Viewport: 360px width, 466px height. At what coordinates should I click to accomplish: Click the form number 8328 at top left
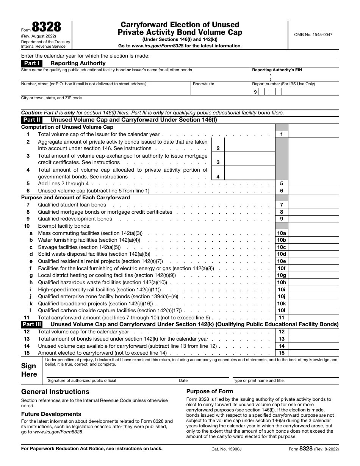pos(46,28)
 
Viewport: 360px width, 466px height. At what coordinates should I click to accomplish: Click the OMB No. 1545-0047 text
pos(313,34)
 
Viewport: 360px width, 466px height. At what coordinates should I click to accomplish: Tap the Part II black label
pos(31,120)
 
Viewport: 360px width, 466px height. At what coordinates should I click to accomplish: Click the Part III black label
pos(31,324)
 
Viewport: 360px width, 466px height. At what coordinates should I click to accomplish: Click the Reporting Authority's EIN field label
pos(277,70)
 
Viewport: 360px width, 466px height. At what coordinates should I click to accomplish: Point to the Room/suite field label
pos(203,84)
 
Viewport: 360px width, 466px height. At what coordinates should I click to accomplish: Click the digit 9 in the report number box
pos(255,92)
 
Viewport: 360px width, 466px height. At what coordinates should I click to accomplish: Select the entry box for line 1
pos(313,134)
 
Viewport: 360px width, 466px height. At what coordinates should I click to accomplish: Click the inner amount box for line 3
pos(250,159)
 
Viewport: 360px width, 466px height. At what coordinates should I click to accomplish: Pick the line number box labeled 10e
pos(281,261)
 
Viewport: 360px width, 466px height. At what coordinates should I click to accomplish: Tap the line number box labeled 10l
pos(281,311)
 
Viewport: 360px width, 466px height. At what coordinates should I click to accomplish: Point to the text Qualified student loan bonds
pos(72,205)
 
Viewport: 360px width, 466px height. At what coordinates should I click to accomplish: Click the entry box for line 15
pos(313,353)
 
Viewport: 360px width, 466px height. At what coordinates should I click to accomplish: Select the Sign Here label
pos(29,370)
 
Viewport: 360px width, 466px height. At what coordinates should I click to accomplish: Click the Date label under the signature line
pos(183,380)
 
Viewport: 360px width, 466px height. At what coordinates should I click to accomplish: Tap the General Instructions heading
pos(55,392)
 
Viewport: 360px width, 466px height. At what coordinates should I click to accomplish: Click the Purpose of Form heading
pos(210,391)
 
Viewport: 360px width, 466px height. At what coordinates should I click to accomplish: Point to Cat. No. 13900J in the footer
pos(226,449)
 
